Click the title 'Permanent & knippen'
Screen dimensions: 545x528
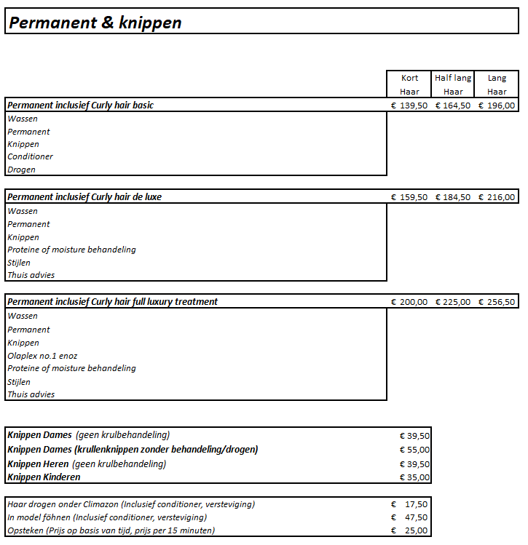pos(95,23)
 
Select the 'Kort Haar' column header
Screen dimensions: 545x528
pos(409,84)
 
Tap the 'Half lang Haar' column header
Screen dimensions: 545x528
pos(453,84)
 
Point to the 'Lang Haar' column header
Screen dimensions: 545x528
pos(497,84)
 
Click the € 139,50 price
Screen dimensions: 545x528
pos(409,106)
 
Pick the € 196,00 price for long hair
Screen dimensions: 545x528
pos(497,106)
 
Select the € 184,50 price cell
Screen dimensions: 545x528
pos(453,197)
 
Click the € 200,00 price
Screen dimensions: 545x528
pos(409,302)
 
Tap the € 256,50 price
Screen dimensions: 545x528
pos(497,302)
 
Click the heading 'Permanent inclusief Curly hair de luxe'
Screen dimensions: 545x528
pos(84,197)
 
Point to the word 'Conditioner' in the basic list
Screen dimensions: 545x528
pos(31,156)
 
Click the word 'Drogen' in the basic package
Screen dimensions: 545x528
pos(22,170)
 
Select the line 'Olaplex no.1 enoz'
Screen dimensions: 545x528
pos(42,356)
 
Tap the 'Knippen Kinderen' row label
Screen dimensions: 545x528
pos(44,477)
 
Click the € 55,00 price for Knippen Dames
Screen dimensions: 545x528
pos(415,450)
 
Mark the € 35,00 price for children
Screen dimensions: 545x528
pos(415,477)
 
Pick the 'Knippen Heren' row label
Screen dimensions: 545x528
pos(38,464)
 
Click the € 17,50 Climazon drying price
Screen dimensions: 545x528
pos(411,504)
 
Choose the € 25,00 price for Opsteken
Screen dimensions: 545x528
pos(411,530)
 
